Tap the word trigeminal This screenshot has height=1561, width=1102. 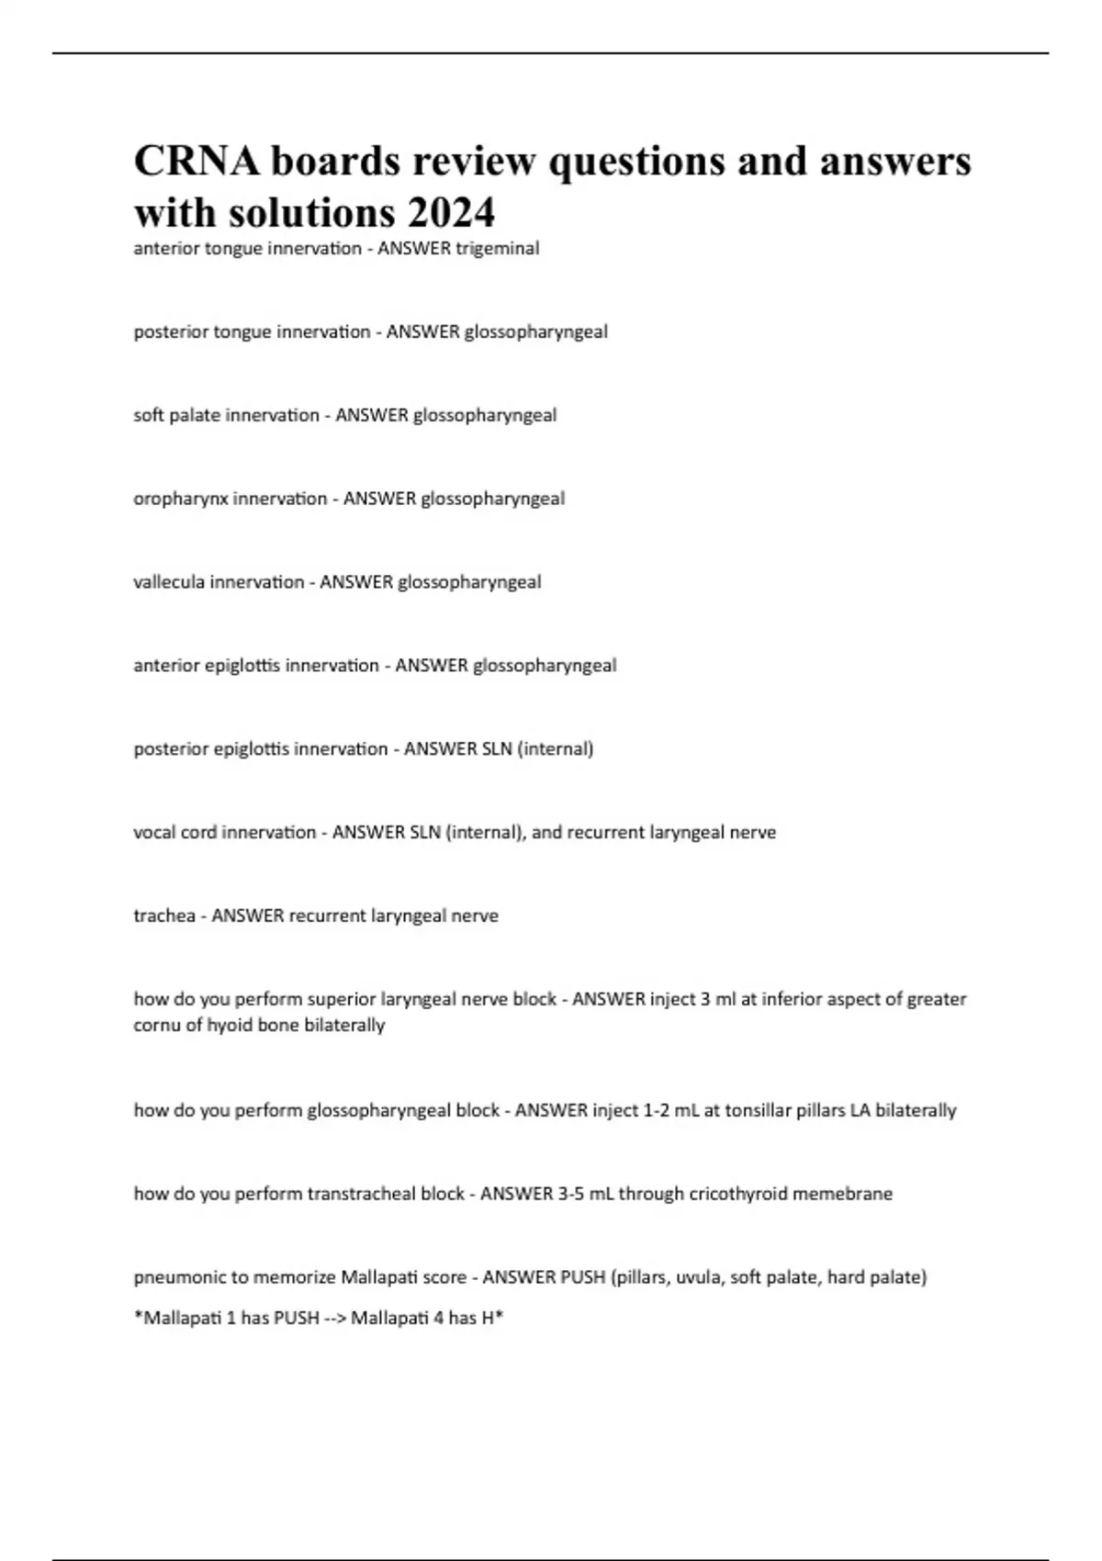(497, 248)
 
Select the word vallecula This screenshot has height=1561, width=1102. (170, 582)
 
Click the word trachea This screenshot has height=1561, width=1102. (163, 915)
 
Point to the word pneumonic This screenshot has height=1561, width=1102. (172, 1277)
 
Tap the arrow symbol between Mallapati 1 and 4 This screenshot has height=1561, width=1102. (335, 1319)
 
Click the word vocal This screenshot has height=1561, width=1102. (154, 833)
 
